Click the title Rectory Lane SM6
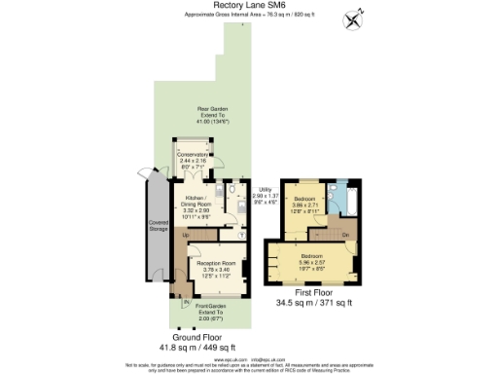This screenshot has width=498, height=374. point(248,5)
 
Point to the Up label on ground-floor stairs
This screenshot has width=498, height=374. point(185,234)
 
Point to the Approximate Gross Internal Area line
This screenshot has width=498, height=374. point(248,16)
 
